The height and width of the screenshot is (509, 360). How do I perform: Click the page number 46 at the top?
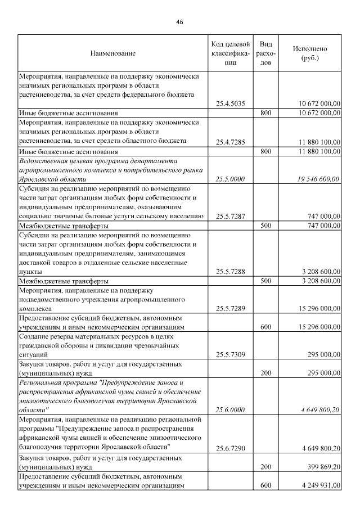(x=179, y=22)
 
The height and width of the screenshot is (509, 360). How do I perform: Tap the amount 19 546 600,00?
(x=317, y=179)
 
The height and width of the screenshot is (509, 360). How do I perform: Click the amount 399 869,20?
(x=320, y=467)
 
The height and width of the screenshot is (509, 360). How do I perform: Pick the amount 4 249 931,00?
(x=318, y=486)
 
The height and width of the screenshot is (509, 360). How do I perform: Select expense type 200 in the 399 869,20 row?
(x=267, y=467)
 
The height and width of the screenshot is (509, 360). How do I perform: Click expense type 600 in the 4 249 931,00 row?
(x=267, y=486)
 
